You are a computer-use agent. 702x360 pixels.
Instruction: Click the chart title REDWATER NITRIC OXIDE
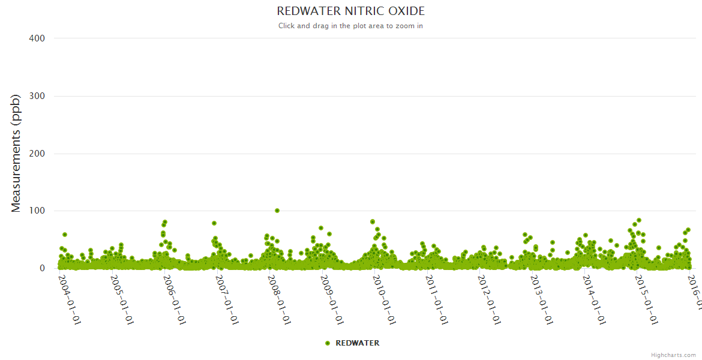pyautogui.click(x=350, y=11)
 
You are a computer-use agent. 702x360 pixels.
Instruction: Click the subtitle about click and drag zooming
pyautogui.click(x=350, y=26)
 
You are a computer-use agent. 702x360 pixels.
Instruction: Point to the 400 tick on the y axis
pyautogui.click(x=37, y=38)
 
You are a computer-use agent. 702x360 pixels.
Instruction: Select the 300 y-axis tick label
pyautogui.click(x=37, y=96)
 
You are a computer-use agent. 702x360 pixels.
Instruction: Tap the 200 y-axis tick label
pyautogui.click(x=37, y=154)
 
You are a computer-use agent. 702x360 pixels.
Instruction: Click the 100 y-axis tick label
pyautogui.click(x=37, y=211)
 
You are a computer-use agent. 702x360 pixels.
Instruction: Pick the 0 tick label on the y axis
pyautogui.click(x=41, y=268)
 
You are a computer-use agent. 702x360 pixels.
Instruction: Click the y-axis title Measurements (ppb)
pyautogui.click(x=16, y=154)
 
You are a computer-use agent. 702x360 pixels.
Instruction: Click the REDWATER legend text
pyautogui.click(x=357, y=343)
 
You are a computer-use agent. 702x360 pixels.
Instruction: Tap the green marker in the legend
pyautogui.click(x=328, y=343)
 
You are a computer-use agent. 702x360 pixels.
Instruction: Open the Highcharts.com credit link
pyautogui.click(x=673, y=355)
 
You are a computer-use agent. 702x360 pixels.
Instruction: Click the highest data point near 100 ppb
pyautogui.click(x=277, y=211)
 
